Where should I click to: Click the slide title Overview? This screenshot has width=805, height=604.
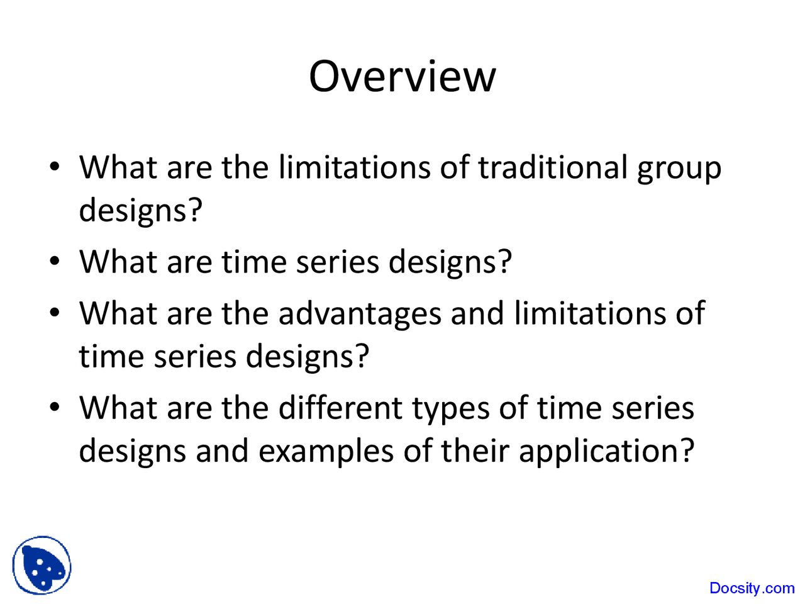point(402,76)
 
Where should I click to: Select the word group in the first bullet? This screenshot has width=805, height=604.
point(679,171)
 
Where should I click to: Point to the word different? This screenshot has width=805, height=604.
point(340,408)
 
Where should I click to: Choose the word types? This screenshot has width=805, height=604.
point(451,411)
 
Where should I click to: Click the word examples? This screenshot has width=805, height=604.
point(326,454)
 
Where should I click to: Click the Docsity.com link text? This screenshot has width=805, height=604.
point(752,588)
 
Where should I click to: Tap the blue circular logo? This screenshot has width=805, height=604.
point(42,565)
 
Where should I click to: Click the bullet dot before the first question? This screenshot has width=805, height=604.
point(54,167)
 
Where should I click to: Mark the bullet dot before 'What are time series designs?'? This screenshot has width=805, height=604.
point(54,261)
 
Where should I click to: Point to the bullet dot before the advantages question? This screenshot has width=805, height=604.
point(54,313)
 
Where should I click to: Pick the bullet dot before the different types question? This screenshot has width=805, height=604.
point(54,407)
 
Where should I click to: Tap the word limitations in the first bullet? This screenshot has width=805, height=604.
point(354,167)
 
